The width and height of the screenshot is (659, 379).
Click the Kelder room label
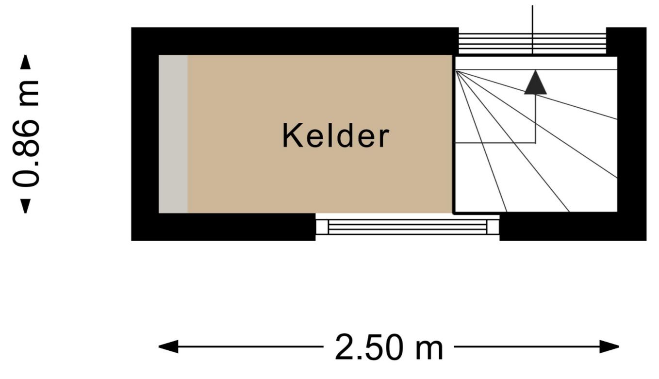(x=336, y=136)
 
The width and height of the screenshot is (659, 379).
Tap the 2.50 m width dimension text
(x=389, y=347)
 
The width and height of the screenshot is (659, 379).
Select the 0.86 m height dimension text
(x=26, y=133)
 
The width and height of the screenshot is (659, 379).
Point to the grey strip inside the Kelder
(x=173, y=134)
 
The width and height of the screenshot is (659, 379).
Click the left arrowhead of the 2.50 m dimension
(x=168, y=346)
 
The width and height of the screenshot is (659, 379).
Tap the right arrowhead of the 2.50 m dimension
(x=610, y=346)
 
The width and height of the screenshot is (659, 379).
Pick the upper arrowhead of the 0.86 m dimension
(x=25, y=62)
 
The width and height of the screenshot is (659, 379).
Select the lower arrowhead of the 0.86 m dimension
(x=25, y=206)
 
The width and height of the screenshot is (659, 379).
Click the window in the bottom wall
(x=408, y=227)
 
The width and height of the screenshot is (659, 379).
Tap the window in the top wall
(x=532, y=44)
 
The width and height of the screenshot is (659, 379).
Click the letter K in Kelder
(x=293, y=136)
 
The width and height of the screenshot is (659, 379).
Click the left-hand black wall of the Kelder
(x=145, y=134)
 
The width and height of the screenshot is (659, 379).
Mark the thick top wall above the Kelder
(x=295, y=41)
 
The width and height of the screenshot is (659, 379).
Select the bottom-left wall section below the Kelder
(x=223, y=227)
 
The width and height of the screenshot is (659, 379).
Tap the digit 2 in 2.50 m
(x=344, y=347)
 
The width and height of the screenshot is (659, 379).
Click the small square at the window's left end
(x=322, y=227)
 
